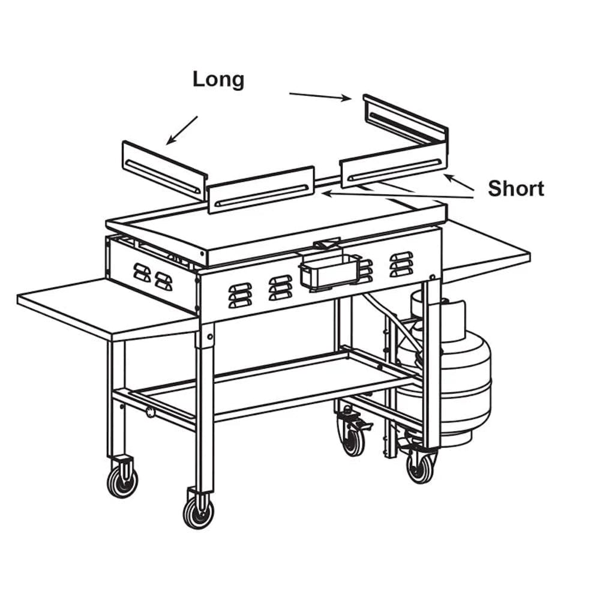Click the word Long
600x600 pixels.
click(218, 80)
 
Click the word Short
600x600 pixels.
click(516, 188)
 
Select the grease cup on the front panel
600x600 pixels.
click(330, 270)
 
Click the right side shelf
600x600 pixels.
click(485, 247)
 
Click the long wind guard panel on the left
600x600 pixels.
click(164, 170)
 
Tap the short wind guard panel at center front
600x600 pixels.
click(262, 190)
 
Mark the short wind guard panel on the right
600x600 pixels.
click(394, 164)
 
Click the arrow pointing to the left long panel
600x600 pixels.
click(182, 130)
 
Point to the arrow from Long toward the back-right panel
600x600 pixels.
click(320, 96)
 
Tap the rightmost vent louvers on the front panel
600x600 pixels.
click(401, 264)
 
